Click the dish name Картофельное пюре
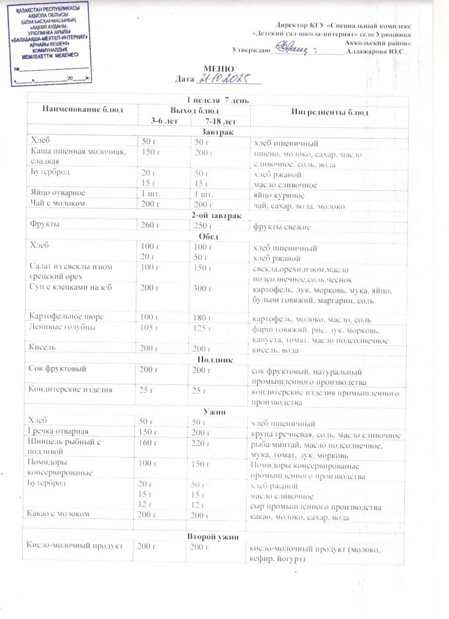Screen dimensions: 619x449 tap(66, 316)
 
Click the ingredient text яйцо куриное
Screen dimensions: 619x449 tap(278, 194)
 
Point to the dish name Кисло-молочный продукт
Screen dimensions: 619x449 tap(74, 545)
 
